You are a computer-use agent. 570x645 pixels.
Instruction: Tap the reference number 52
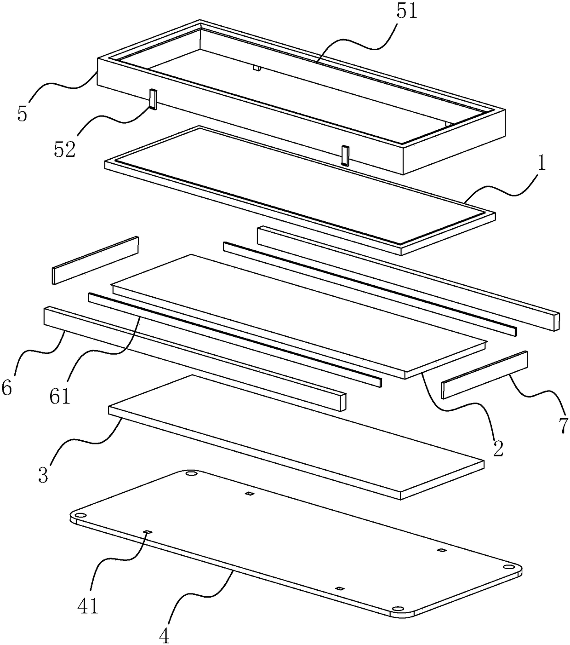tap(65, 150)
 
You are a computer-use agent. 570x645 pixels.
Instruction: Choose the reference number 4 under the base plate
tap(164, 636)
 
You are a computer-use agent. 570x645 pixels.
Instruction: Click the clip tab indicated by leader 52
tap(153, 99)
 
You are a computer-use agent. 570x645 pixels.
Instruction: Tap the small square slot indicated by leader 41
tap(148, 532)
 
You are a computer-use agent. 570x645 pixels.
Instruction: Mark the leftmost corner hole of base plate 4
tap(80, 516)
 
